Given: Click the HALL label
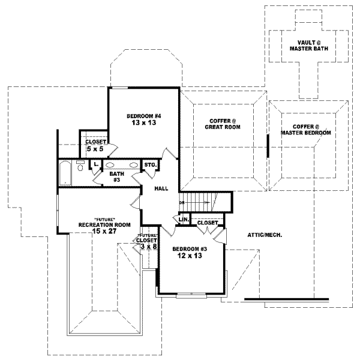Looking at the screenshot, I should [x=161, y=188].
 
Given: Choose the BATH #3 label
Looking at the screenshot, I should [x=116, y=176].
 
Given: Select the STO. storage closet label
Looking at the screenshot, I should [x=149, y=164].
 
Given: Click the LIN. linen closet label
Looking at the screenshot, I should [x=184, y=221].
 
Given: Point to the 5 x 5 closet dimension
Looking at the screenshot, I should [x=95, y=148].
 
